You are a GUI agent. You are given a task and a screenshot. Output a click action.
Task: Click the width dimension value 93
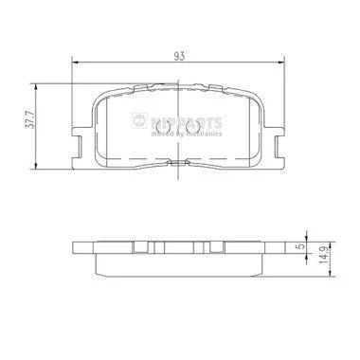(179, 56)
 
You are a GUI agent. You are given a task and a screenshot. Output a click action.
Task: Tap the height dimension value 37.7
(30, 121)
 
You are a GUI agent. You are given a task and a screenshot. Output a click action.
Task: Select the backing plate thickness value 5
(302, 246)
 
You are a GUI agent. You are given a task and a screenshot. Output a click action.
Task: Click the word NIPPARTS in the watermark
(186, 122)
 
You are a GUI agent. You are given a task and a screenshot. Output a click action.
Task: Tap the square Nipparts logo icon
(139, 120)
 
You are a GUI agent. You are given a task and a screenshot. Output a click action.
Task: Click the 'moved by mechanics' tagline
(187, 134)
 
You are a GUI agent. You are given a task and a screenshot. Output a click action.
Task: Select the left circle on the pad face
(164, 127)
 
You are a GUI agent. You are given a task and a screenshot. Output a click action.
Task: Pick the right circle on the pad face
(193, 127)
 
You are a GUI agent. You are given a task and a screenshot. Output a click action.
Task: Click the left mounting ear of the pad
(78, 147)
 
